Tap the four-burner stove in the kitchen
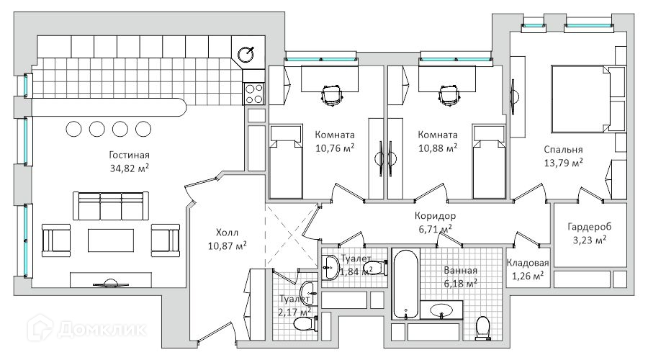click(x=254, y=94)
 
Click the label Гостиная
click(x=130, y=155)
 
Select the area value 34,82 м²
click(x=130, y=168)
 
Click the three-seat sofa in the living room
click(x=111, y=205)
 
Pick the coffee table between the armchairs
click(x=111, y=240)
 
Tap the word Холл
click(x=227, y=233)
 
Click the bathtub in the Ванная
click(x=406, y=284)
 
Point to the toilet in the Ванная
click(x=482, y=328)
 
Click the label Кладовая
click(x=528, y=263)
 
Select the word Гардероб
click(x=589, y=227)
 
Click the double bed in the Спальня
click(x=580, y=99)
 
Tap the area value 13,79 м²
click(x=563, y=163)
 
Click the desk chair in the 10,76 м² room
click(x=333, y=96)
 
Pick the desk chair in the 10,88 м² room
click(x=449, y=96)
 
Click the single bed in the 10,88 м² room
click(x=490, y=162)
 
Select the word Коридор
click(x=435, y=216)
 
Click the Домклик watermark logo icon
click(x=40, y=328)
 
